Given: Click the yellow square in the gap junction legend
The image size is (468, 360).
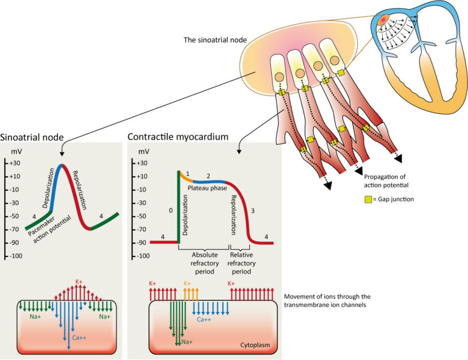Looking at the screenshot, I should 367,199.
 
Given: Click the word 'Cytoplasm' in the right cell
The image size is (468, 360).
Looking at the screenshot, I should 255,344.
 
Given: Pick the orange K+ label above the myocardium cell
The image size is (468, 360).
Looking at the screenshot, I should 188,284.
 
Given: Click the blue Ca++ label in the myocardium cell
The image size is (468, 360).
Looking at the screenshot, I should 204,318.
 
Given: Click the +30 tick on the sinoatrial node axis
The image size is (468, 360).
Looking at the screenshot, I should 16,163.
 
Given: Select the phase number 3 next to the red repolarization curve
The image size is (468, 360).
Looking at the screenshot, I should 253,210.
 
